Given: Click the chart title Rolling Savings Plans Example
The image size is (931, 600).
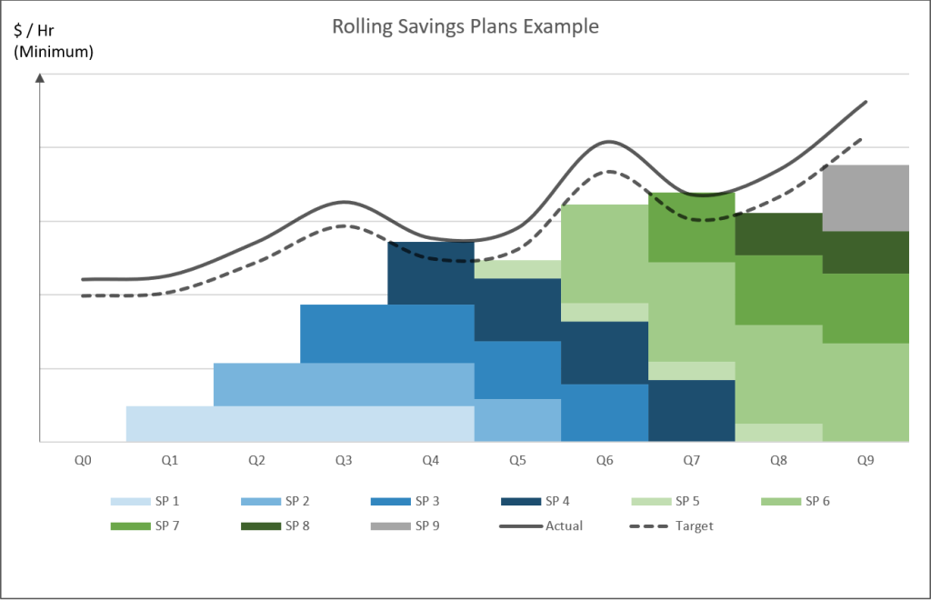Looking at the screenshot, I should click(x=465, y=26).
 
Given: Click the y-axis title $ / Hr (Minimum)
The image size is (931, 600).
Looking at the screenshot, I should click(x=54, y=41).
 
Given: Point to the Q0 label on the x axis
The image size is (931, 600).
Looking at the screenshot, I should click(x=83, y=461).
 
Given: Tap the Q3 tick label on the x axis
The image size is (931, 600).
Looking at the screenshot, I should click(x=344, y=461).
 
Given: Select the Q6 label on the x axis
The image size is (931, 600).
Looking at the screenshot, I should click(x=605, y=461).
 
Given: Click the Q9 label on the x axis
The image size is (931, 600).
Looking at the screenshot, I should click(x=866, y=461).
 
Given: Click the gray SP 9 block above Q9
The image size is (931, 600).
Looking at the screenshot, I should click(x=866, y=198).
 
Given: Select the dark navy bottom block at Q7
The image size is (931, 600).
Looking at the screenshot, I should click(x=691, y=411).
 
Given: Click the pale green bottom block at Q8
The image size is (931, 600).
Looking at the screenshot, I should click(x=778, y=433).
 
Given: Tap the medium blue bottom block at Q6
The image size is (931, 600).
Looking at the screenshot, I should click(x=605, y=413).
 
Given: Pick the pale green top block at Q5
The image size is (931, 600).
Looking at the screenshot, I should click(x=517, y=269).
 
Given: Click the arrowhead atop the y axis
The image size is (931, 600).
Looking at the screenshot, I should click(x=39, y=77).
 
